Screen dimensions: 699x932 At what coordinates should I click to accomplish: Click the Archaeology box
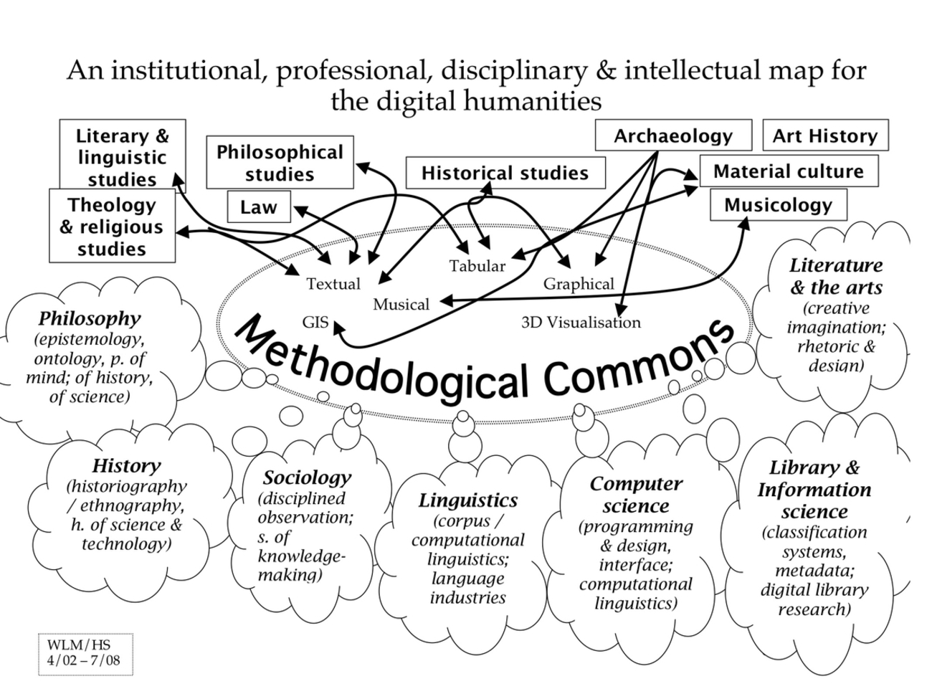[x=672, y=135]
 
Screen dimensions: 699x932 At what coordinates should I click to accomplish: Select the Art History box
[x=824, y=135]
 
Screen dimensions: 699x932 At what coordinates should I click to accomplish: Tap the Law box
[x=258, y=207]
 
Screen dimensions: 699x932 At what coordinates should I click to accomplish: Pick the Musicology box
[x=778, y=205]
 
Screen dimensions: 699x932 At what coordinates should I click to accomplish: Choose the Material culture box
[x=788, y=171]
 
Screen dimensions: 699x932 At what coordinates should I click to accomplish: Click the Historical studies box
[x=505, y=173]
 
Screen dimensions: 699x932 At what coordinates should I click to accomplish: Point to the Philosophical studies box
[x=280, y=163]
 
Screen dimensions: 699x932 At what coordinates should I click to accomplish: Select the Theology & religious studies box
[x=112, y=227]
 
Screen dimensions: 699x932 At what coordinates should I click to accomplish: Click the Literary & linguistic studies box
[x=122, y=157]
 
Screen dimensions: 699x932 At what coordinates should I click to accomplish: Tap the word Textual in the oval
[x=333, y=284]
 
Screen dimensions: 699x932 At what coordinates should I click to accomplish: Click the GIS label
[x=315, y=322]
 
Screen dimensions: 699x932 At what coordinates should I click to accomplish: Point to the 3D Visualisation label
[x=581, y=323]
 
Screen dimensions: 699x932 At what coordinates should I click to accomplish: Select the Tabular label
[x=477, y=266]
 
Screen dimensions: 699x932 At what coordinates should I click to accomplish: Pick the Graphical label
[x=579, y=284]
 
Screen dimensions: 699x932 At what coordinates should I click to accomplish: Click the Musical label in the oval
[x=401, y=305]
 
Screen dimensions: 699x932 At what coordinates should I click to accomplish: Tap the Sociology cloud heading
[x=307, y=477]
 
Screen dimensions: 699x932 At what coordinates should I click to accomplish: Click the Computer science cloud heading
[x=636, y=495]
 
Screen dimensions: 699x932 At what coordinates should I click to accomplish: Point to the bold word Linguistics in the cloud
[x=468, y=500]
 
